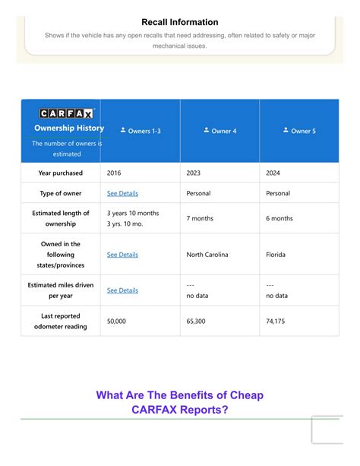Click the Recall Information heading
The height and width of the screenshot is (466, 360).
179,22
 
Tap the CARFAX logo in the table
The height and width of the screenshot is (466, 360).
66,113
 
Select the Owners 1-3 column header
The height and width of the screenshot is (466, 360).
141,131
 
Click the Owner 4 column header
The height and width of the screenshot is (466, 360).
220,131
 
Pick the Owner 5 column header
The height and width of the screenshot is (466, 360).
299,131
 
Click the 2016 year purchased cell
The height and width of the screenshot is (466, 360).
114,173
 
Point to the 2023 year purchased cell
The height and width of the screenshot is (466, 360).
194,173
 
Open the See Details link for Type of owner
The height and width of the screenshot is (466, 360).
122,194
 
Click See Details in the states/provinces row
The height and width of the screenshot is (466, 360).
122,255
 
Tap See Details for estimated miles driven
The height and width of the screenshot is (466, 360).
122,290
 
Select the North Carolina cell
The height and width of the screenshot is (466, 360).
207,255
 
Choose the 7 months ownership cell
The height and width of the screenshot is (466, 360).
201,218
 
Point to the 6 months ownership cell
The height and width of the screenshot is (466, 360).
279,218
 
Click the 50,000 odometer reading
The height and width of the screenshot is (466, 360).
117,322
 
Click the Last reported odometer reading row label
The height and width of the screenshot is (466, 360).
61,321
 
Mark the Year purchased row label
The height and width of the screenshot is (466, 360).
61,173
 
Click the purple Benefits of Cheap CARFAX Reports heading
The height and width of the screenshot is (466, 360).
180,403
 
